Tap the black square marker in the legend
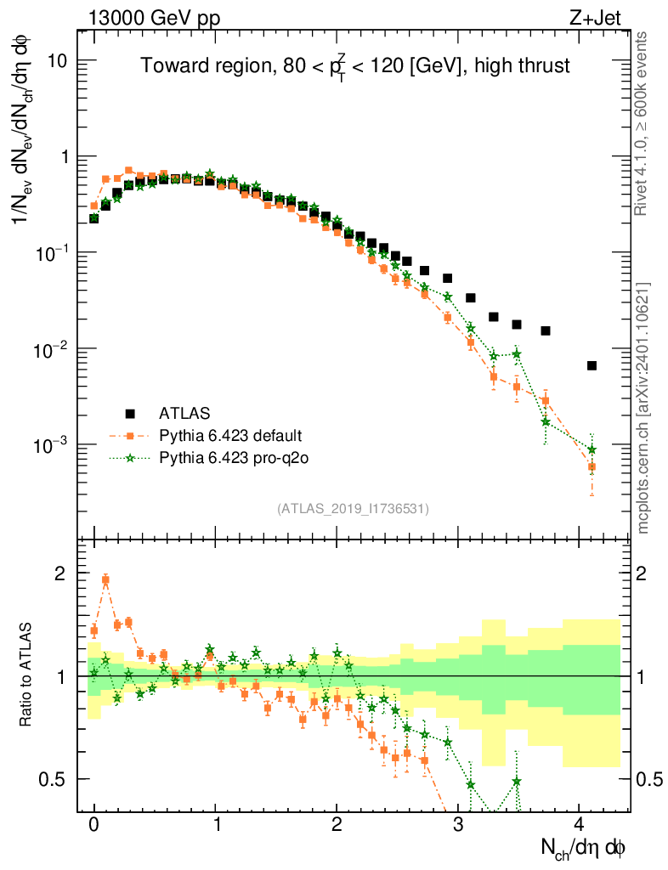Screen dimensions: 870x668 [130, 414]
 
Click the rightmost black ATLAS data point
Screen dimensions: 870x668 [592, 365]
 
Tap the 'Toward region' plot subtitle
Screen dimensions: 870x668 [354, 66]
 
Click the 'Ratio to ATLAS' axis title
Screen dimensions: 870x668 [28, 675]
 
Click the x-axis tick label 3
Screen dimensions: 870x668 [458, 824]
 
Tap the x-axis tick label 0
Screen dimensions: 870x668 [94, 824]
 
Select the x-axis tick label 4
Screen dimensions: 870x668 [579, 824]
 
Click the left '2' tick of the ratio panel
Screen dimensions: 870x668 [60, 573]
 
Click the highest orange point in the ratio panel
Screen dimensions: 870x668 [105, 580]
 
